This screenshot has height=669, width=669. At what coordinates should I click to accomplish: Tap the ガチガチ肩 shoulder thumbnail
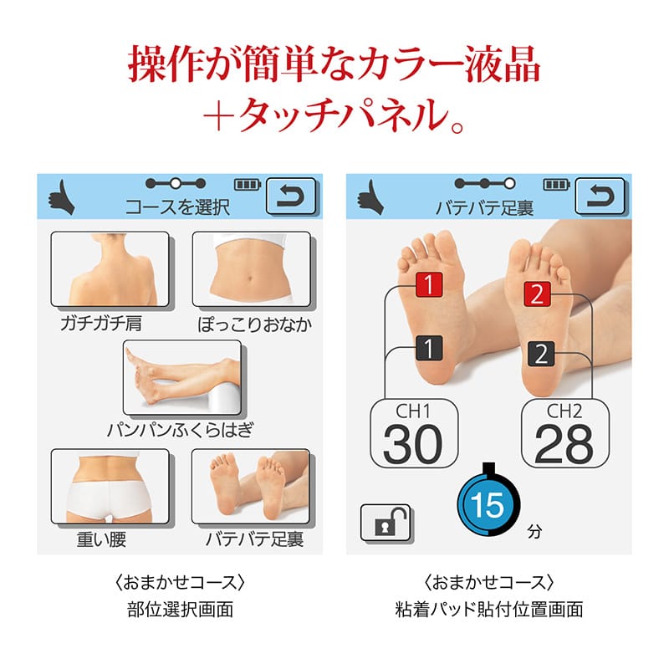(x=110, y=269)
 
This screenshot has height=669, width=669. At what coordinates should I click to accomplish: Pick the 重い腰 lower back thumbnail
(x=110, y=486)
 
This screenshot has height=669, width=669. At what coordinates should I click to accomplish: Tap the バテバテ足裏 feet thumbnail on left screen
(x=250, y=486)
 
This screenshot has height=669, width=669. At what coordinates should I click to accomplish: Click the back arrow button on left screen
(x=290, y=197)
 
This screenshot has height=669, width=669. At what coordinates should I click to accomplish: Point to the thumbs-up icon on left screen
(x=60, y=199)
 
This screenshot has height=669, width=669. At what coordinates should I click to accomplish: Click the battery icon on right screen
(x=556, y=184)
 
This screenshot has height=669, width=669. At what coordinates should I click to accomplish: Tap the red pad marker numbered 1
(x=429, y=285)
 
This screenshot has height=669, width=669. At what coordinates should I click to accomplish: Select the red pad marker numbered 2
(x=538, y=294)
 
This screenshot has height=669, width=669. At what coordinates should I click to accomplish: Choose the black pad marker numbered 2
(x=540, y=354)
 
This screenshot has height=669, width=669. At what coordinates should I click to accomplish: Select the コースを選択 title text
(x=177, y=206)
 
